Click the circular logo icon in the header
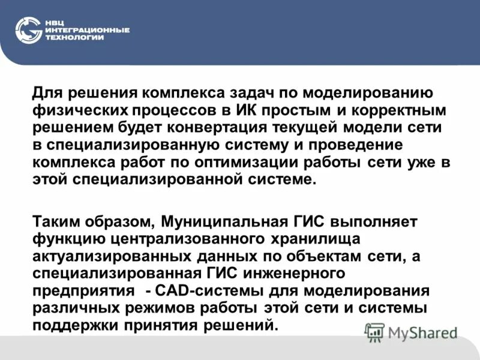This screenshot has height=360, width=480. tap(28, 30)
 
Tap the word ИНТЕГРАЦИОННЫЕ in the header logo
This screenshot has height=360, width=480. tap(86, 30)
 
